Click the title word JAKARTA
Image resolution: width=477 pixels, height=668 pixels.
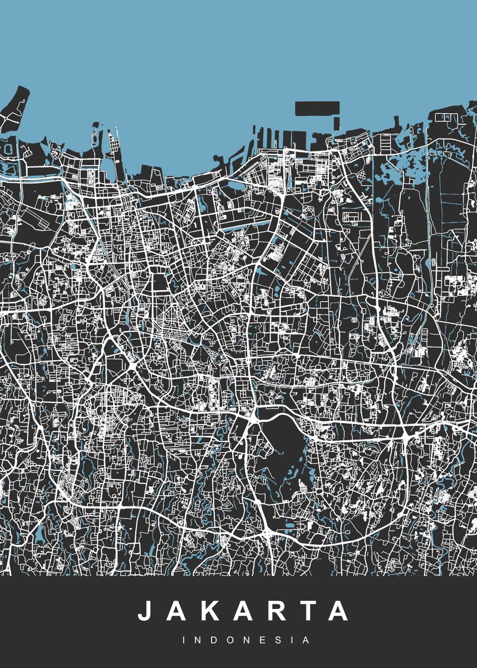point(243,611)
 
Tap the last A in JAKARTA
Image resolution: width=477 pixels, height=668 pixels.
point(337,611)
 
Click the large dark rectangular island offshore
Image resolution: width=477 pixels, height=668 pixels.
point(317,108)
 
